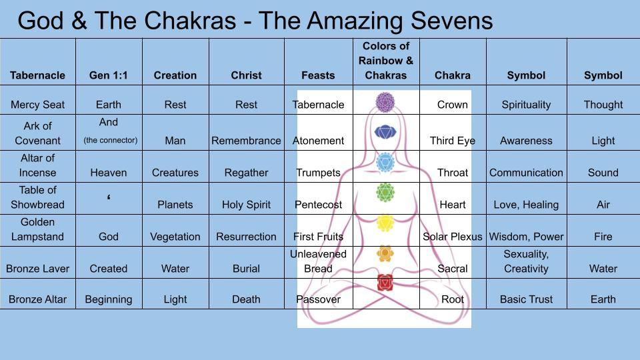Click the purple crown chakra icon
click(x=385, y=103)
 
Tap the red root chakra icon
click(x=385, y=283)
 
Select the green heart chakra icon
click(x=385, y=193)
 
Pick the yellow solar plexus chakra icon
click(x=385, y=223)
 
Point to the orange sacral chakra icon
click(x=385, y=253)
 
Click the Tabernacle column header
click(x=37, y=75)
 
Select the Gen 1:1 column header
click(x=108, y=75)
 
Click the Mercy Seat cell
click(x=37, y=105)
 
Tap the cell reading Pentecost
click(x=318, y=205)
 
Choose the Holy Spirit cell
click(x=246, y=205)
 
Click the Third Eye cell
click(x=453, y=141)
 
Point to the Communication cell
click(x=526, y=173)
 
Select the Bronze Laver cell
click(x=37, y=269)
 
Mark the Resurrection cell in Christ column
click(x=246, y=237)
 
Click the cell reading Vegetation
click(x=175, y=237)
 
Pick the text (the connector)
click(x=111, y=140)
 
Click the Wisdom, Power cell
click(x=526, y=237)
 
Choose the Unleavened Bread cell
click(x=318, y=261)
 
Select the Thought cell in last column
click(x=603, y=105)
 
